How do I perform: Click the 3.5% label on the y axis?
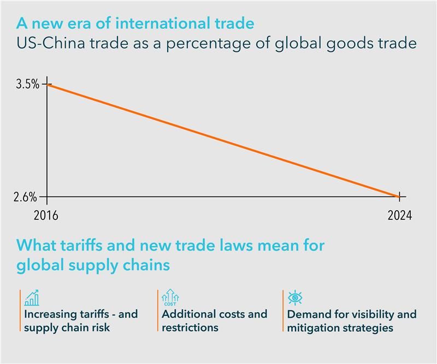tap(28, 84)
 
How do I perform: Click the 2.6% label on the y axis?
tap(25, 197)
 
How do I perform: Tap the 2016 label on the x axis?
tap(46, 215)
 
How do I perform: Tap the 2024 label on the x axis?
tap(400, 215)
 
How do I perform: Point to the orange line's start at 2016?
tap(47, 84)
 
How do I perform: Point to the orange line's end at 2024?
tap(399, 196)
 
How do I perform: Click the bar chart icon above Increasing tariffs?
tap(32, 298)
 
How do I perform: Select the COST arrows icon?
tap(170, 297)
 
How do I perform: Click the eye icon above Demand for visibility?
tap(295, 297)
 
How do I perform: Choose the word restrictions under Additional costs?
tap(190, 327)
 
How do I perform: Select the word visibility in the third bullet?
tap(373, 314)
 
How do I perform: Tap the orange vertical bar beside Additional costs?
tap(158, 311)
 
